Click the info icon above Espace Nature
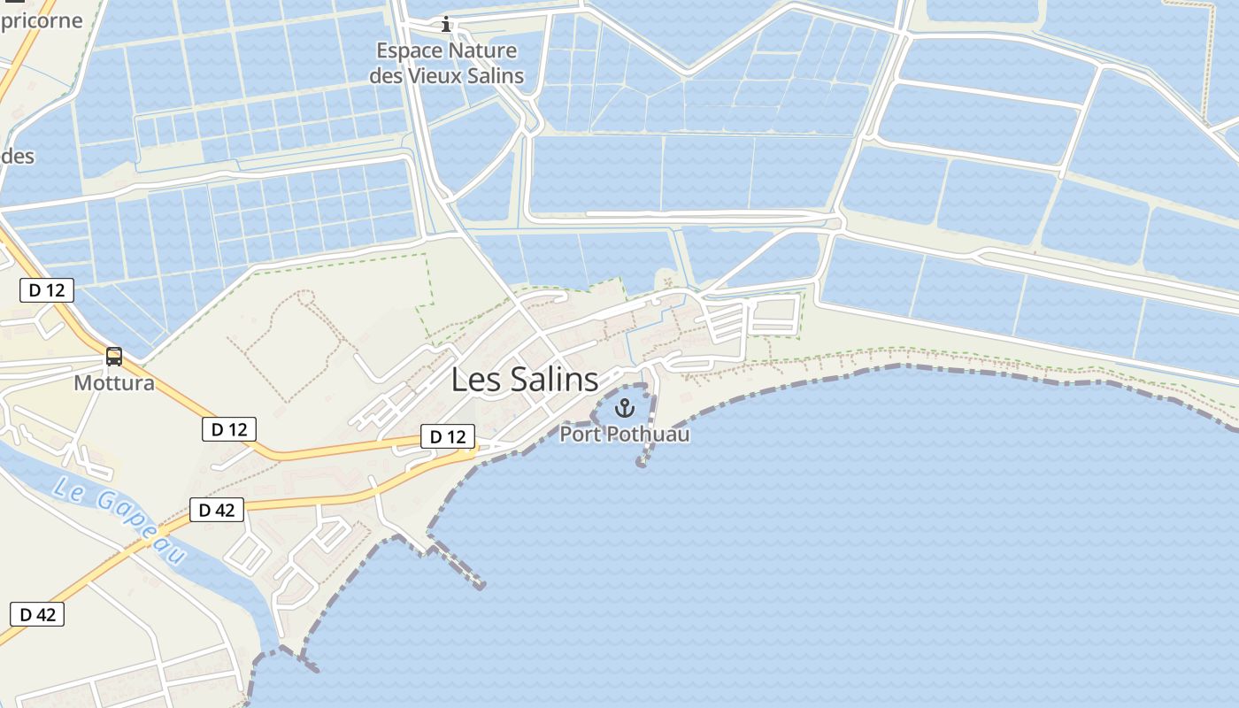point(446,24)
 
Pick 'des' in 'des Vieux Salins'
point(385,76)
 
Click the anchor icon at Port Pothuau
point(625,408)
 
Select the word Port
point(580,435)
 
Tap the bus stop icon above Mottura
point(114,357)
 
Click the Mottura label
point(114,383)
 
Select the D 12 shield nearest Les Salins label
point(447,436)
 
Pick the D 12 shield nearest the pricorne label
point(47,289)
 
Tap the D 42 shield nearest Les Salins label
point(217,510)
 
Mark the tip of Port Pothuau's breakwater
point(642,463)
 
